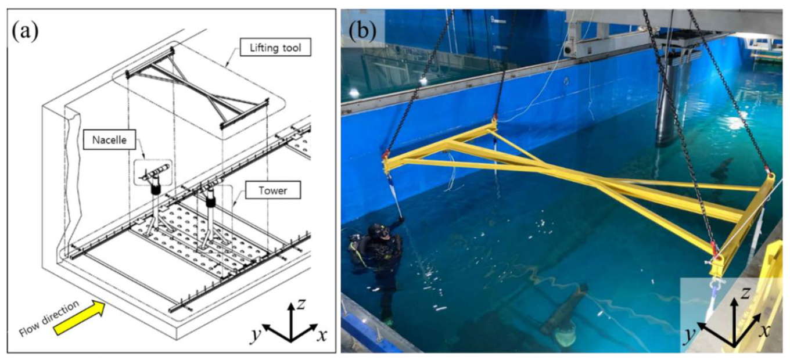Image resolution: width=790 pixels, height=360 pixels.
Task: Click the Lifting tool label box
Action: coord(275,47)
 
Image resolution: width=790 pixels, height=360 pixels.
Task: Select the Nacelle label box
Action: coord(109,141)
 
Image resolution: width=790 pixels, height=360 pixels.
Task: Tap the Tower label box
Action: coord(273,190)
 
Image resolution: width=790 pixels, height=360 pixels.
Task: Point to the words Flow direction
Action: coord(49,318)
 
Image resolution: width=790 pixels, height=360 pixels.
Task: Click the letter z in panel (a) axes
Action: coord(300,304)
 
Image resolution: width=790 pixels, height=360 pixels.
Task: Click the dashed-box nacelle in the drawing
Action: coord(154,172)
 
